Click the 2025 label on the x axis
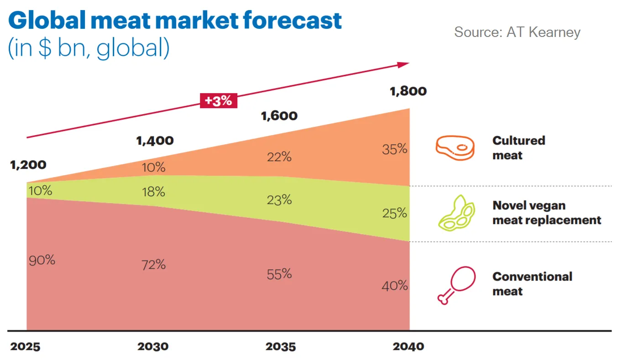click(x=25, y=346)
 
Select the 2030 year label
click(x=152, y=346)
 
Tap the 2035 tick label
click(x=280, y=346)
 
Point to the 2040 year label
click(x=408, y=346)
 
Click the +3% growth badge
click(x=218, y=100)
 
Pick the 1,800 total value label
click(x=408, y=91)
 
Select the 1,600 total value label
click(x=279, y=115)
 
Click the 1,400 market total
click(x=155, y=140)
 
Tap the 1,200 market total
click(x=28, y=164)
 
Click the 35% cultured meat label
click(x=395, y=149)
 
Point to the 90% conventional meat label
click(x=42, y=260)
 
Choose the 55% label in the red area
click(x=279, y=274)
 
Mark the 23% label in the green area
click(x=279, y=200)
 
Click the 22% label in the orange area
click(x=279, y=157)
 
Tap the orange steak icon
click(x=455, y=148)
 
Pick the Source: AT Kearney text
click(x=517, y=32)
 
